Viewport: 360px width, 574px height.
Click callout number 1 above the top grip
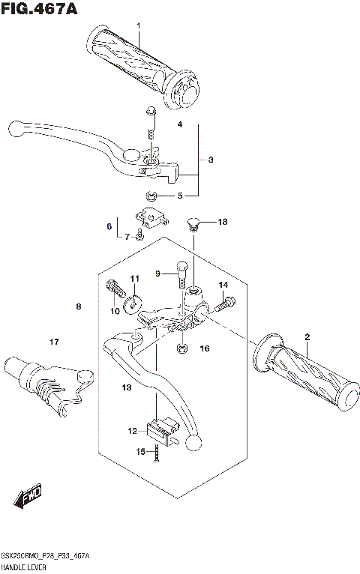point(139,27)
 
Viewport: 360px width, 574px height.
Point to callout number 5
point(179,197)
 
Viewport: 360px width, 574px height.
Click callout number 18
point(222,223)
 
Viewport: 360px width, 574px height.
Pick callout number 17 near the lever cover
point(54,342)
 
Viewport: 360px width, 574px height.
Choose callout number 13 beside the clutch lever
point(127,387)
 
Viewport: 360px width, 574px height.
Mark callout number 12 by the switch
point(133,431)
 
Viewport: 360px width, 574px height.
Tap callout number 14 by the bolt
point(223,286)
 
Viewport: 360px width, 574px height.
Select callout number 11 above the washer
point(135,280)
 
